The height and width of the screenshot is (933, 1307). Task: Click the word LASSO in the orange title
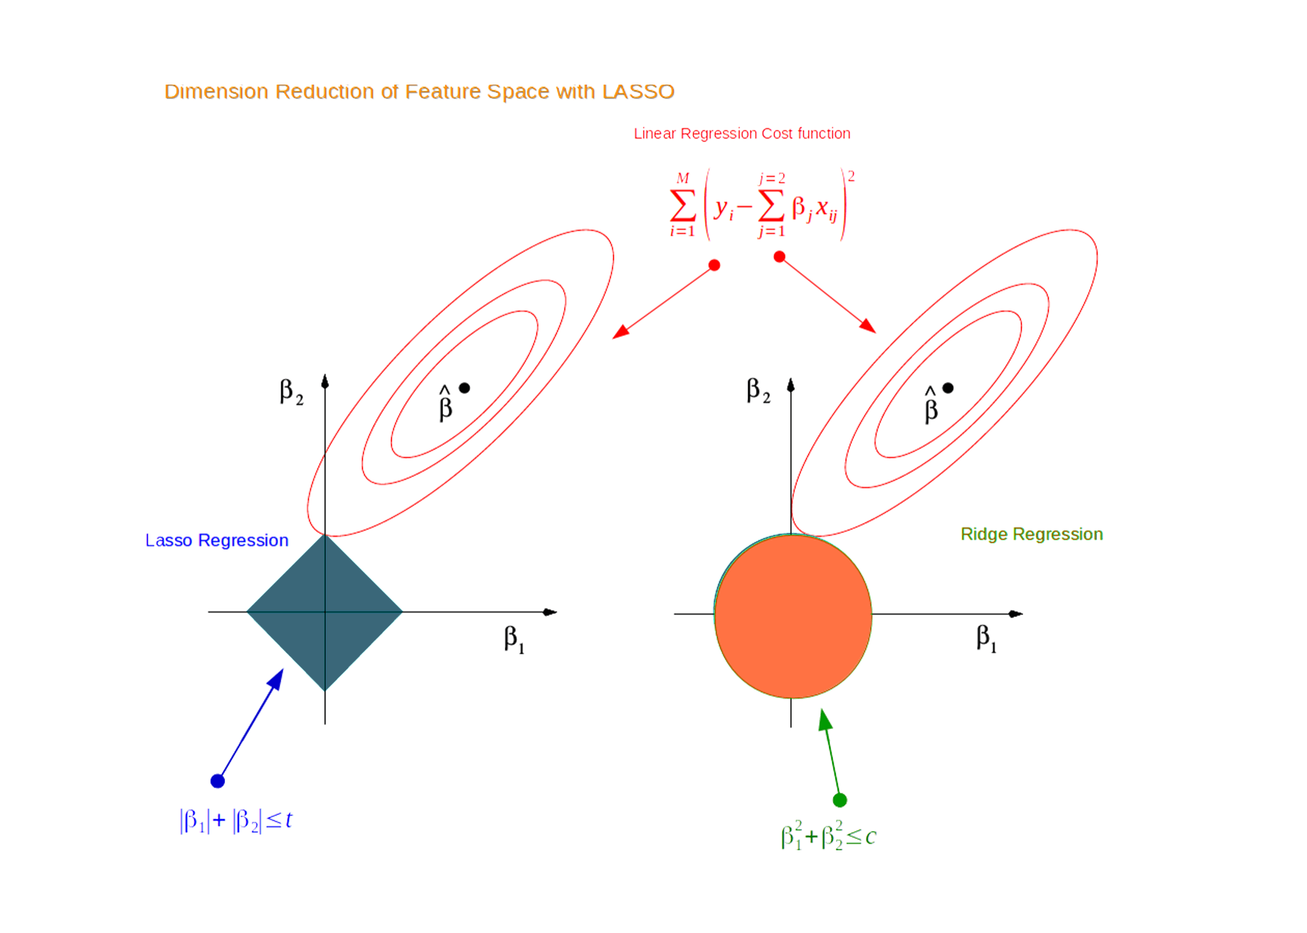(638, 91)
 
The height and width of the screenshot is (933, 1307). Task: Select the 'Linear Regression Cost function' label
(742, 134)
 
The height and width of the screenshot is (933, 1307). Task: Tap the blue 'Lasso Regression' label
(217, 540)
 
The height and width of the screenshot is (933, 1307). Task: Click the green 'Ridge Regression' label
(1031, 534)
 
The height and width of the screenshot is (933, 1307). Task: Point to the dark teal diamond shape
(325, 612)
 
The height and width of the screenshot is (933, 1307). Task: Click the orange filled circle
(793, 616)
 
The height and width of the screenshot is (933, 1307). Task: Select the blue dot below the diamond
(217, 781)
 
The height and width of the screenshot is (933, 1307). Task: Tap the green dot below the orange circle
(840, 800)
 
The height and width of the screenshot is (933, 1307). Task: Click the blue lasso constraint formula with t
(236, 820)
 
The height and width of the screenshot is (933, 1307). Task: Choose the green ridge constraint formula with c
(828, 835)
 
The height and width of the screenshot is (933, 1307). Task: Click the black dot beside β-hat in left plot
(464, 388)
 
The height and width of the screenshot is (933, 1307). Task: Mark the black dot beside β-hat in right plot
(948, 388)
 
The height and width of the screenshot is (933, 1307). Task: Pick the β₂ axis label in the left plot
(291, 392)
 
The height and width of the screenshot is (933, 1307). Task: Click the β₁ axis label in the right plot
(986, 638)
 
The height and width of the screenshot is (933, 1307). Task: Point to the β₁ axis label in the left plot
(514, 639)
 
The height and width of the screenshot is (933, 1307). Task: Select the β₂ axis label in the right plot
(758, 391)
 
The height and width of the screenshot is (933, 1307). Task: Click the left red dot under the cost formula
(714, 265)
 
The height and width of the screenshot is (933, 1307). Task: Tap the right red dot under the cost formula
(779, 257)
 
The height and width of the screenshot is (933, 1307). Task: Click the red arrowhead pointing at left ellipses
(621, 332)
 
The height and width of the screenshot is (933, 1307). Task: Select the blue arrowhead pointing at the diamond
(276, 679)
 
